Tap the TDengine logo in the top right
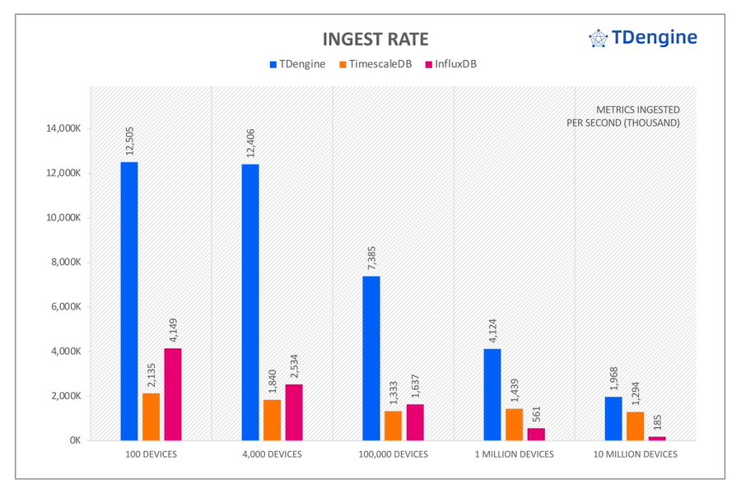[x=643, y=37]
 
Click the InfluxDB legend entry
[x=450, y=63]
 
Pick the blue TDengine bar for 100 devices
[x=129, y=300]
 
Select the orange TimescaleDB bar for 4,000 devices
[x=272, y=420]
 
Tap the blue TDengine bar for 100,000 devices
[x=371, y=358]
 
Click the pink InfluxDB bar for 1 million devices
[x=536, y=434]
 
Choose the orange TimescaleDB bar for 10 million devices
[x=635, y=426]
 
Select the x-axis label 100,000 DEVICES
[x=394, y=454]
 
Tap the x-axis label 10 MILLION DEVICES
[x=636, y=454]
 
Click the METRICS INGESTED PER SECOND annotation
[x=638, y=116]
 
